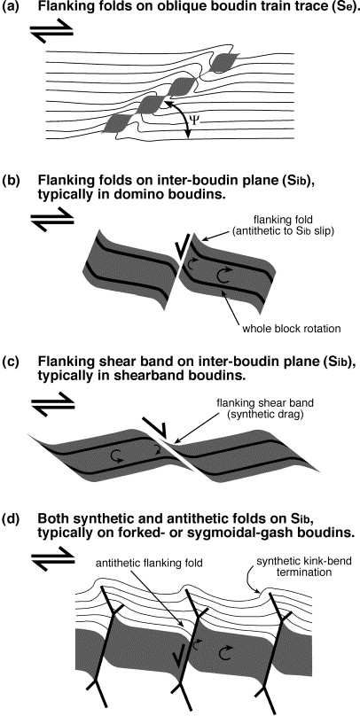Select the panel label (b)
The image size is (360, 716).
[x=10, y=181]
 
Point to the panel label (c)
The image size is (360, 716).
[x=10, y=364]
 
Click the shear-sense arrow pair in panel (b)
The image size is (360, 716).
[x=51, y=216]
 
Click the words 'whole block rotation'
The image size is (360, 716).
[x=304, y=328]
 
